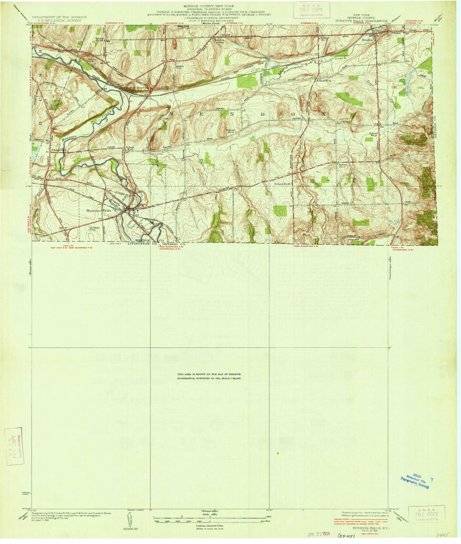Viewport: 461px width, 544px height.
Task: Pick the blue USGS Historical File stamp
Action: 414,480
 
